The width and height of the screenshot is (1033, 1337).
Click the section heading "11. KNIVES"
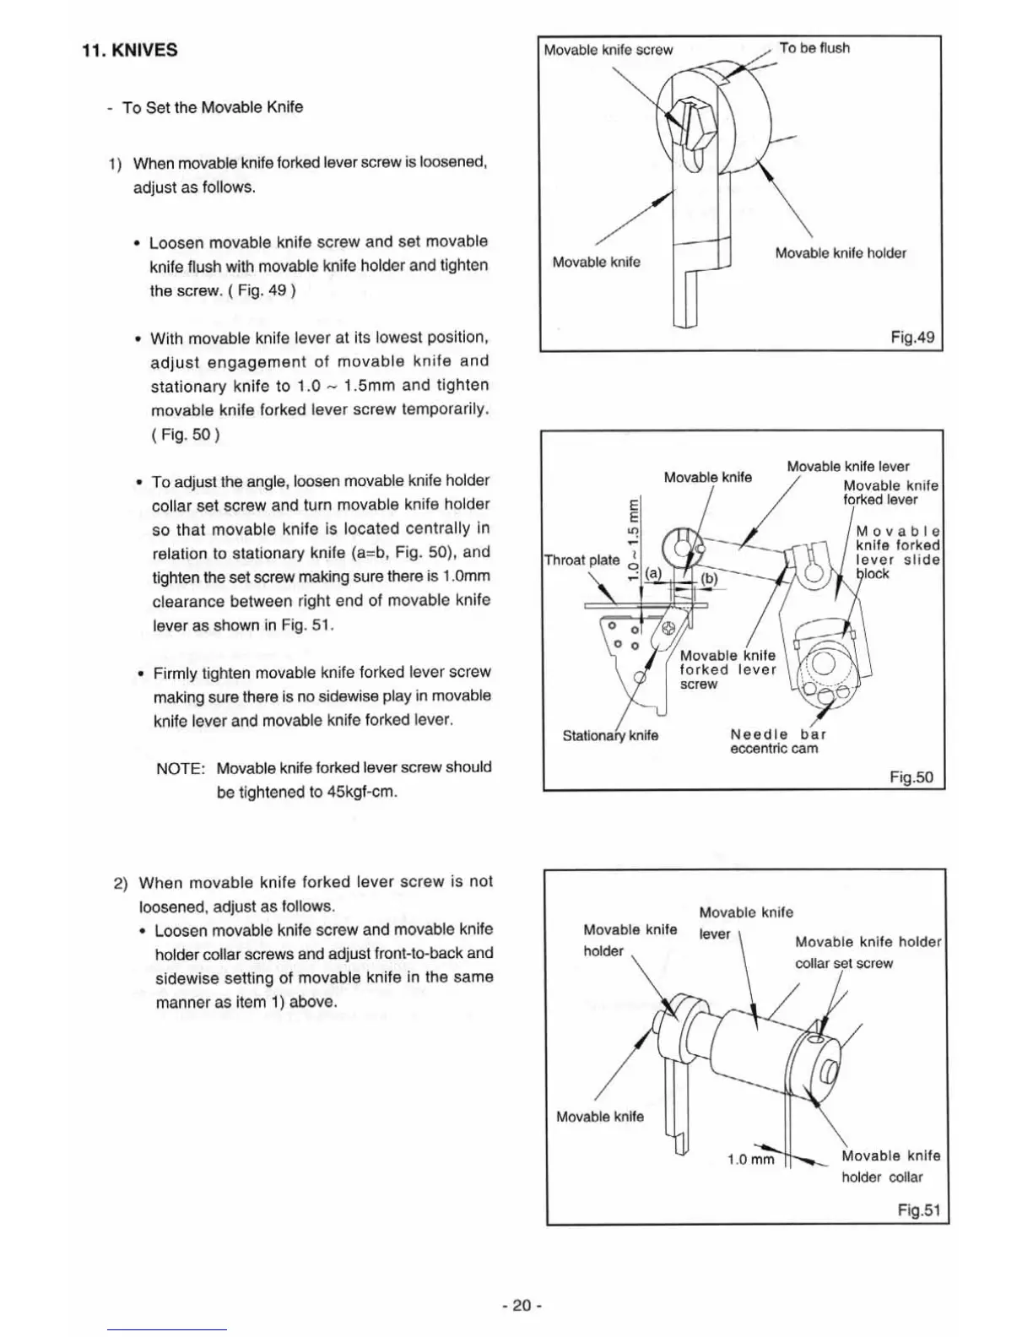point(130,50)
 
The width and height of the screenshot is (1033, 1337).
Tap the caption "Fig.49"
point(912,338)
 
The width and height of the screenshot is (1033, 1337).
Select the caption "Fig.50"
point(911,777)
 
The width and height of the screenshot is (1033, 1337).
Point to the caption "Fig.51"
point(918,1210)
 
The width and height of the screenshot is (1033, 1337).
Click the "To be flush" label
point(814,48)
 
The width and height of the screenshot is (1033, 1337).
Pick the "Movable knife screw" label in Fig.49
point(608,50)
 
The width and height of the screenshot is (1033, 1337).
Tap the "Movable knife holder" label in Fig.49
point(841,253)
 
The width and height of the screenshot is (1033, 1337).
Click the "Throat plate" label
point(581,560)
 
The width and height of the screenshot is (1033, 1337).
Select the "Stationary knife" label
point(610,735)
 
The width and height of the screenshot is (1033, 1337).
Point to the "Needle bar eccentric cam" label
point(777,741)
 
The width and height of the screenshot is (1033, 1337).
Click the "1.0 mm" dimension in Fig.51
point(750,1159)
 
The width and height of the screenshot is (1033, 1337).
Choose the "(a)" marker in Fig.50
point(654,573)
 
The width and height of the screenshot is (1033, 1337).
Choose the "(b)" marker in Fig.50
point(708,579)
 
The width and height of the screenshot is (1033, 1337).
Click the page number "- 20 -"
point(521,1305)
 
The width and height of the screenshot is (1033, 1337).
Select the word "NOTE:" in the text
point(181,769)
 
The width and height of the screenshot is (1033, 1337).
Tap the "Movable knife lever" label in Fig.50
point(847,467)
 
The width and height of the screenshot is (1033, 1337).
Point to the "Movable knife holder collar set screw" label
point(867,952)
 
